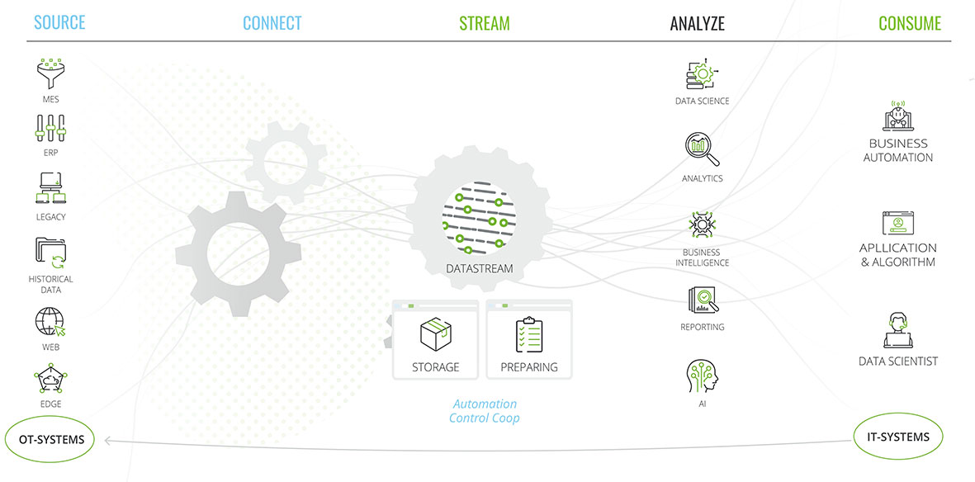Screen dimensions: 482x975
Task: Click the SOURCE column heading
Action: point(59,22)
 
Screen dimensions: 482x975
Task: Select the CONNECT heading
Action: point(272,23)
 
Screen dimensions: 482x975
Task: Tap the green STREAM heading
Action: point(485,23)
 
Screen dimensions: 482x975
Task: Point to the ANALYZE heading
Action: point(698,23)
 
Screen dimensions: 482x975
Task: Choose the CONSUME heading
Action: point(910,23)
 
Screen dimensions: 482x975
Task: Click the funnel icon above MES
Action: point(50,73)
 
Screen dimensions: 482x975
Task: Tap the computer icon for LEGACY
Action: point(50,189)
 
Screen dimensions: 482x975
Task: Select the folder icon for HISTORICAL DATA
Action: point(50,253)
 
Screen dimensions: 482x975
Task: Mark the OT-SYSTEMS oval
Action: point(51,440)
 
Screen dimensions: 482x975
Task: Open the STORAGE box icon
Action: point(435,335)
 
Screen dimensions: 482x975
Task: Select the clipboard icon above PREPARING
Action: point(528,335)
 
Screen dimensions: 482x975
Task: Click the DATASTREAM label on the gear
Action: point(479,268)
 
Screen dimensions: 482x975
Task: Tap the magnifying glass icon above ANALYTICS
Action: point(703,149)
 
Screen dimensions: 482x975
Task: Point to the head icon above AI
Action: point(703,376)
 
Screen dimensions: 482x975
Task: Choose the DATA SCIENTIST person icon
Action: point(897,330)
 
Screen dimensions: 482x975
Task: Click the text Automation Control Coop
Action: point(485,411)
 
